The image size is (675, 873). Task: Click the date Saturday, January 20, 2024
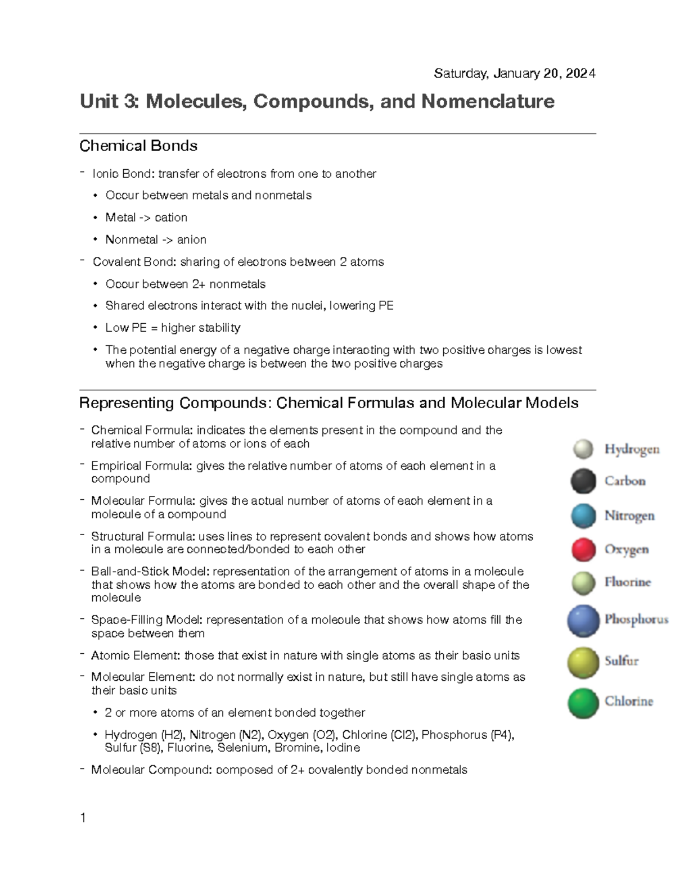point(514,74)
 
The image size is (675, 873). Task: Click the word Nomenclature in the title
point(488,102)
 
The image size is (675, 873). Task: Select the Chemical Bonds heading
point(138,146)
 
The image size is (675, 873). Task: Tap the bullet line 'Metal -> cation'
point(146,218)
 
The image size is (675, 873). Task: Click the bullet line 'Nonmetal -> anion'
point(156,240)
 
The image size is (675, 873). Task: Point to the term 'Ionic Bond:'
point(123,174)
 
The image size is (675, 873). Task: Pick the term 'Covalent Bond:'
point(134,262)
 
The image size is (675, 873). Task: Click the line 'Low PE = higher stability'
point(173,328)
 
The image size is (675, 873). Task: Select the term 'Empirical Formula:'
point(142,466)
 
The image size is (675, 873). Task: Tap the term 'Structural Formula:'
point(143,537)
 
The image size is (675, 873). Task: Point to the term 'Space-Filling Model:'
point(147,620)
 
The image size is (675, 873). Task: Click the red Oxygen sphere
point(583,550)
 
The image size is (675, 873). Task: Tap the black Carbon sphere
point(583,481)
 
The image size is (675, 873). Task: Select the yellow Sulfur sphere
point(583,662)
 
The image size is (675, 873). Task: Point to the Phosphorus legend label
point(636,619)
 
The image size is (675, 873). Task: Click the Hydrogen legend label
point(632,449)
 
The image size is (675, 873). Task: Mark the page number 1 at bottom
point(83,818)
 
